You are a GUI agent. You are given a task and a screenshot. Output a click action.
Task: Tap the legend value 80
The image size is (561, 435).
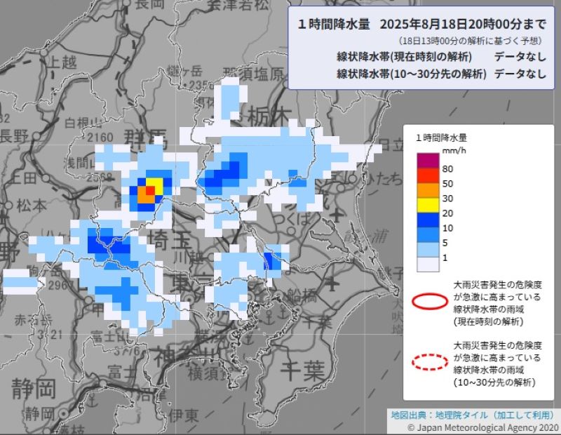click(447, 169)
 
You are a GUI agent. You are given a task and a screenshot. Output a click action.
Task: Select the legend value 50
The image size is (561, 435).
click(447, 184)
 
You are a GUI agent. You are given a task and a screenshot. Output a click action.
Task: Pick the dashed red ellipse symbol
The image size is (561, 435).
click(428, 362)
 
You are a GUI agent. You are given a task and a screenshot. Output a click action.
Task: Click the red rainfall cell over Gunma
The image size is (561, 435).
click(149, 189)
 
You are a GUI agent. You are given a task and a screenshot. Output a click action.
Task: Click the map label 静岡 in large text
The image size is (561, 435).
click(34, 387)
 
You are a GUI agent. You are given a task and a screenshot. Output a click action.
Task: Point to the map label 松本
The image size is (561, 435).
click(31, 206)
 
